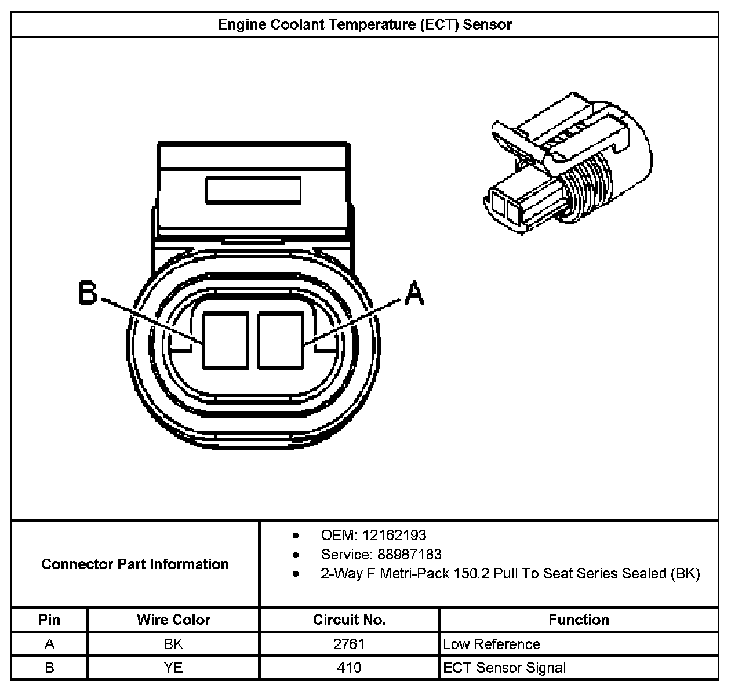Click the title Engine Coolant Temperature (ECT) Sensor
pos(365,24)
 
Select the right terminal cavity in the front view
pos(281,340)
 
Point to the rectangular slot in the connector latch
pos(253,190)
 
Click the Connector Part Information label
pos(135,564)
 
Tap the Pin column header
pos(49,620)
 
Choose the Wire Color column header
pos(173,620)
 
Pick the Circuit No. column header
pos(350,620)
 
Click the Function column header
pos(579,620)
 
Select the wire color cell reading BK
pos(173,644)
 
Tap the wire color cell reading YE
pos(173,668)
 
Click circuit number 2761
pos(350,644)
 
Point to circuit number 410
pos(350,668)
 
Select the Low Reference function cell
pos(492,644)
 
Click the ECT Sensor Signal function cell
pos(504,668)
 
